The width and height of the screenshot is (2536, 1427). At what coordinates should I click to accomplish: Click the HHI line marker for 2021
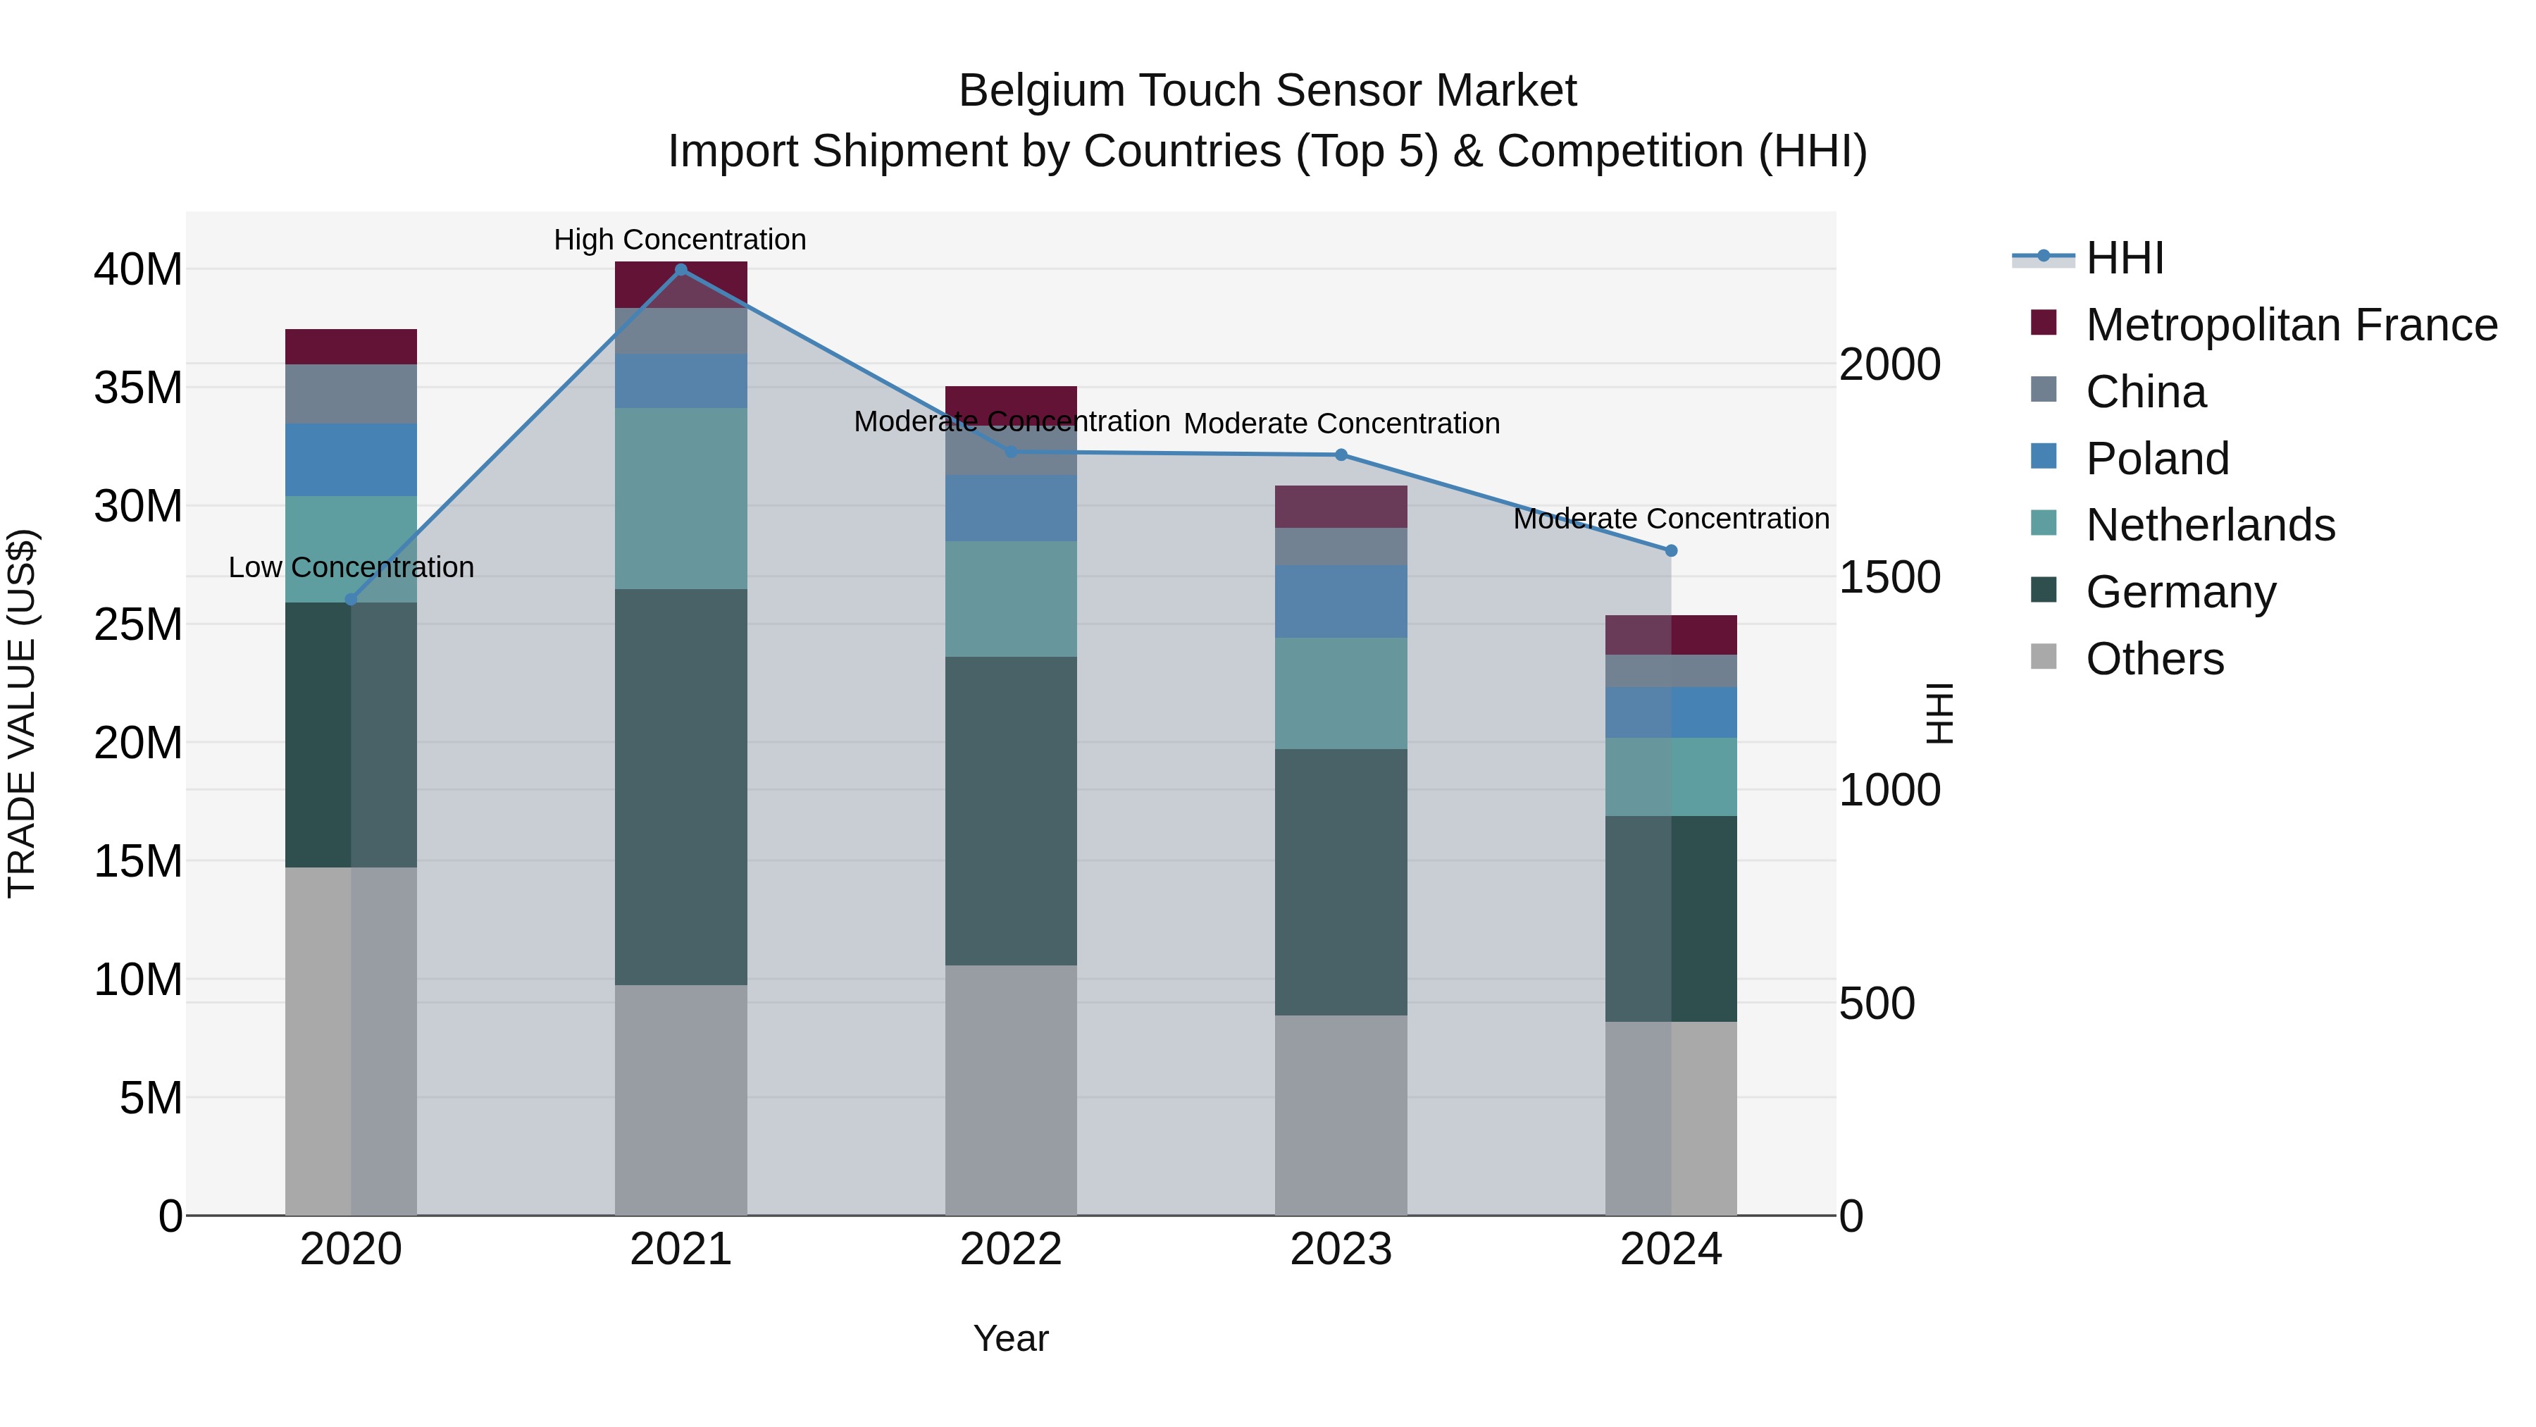pyautogui.click(x=680, y=269)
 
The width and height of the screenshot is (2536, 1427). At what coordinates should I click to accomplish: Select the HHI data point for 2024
pyautogui.click(x=1671, y=550)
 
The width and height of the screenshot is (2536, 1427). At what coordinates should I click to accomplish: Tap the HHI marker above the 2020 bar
pyautogui.click(x=351, y=600)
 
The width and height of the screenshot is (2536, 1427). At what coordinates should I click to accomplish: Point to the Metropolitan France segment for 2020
pyautogui.click(x=351, y=347)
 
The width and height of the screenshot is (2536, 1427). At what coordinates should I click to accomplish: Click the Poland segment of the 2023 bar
pyautogui.click(x=1341, y=600)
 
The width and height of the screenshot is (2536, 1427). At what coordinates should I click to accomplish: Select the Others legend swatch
pyautogui.click(x=2044, y=657)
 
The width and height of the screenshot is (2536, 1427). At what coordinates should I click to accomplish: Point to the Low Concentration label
pyautogui.click(x=351, y=567)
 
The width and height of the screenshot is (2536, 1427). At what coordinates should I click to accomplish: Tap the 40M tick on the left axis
pyautogui.click(x=138, y=269)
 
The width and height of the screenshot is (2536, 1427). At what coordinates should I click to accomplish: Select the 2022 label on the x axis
pyautogui.click(x=1011, y=1249)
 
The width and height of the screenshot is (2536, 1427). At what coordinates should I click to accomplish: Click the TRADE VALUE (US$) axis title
pyautogui.click(x=22, y=713)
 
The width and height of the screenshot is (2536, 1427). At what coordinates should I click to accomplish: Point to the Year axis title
pyautogui.click(x=1011, y=1338)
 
